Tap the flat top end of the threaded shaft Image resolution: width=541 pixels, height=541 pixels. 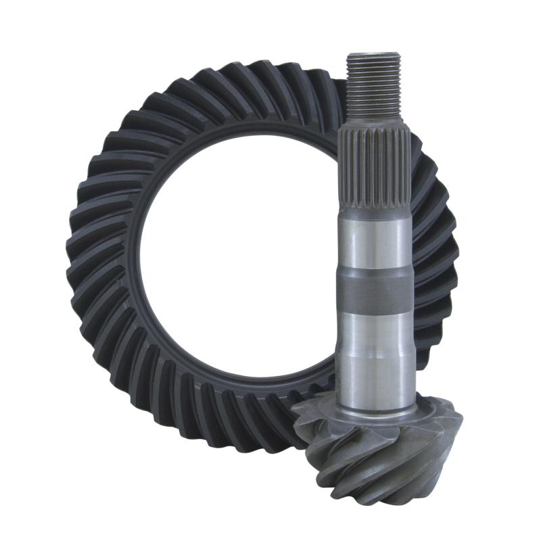pyautogui.click(x=374, y=55)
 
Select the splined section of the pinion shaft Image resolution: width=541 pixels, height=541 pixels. pyautogui.click(x=374, y=159)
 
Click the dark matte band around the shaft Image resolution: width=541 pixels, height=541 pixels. pyautogui.click(x=374, y=291)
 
